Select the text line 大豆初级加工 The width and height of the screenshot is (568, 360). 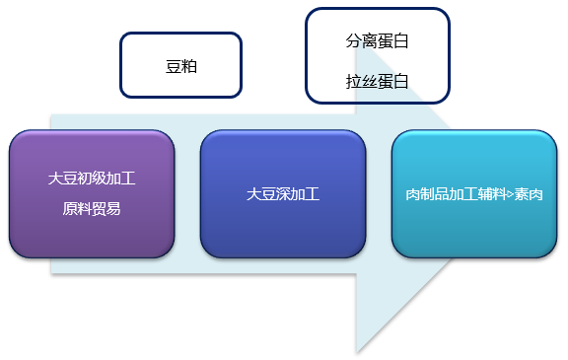point(92,180)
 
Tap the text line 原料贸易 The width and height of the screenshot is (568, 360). point(92,208)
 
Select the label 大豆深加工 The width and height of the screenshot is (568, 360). point(283,194)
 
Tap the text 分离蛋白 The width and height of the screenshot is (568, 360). point(377,42)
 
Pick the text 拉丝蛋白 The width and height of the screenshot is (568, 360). point(377,79)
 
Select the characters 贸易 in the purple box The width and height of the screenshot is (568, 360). point(106,208)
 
